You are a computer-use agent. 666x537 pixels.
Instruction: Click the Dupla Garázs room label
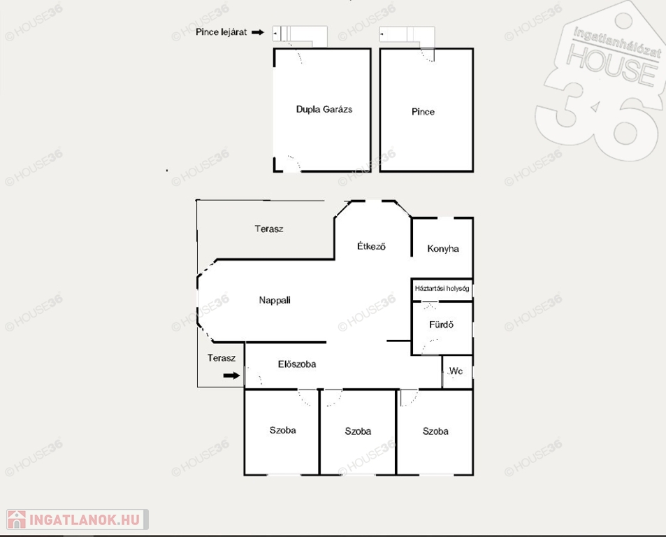tap(324, 109)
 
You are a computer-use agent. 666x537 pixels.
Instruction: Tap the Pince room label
tap(423, 112)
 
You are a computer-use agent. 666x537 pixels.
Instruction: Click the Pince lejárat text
tap(222, 32)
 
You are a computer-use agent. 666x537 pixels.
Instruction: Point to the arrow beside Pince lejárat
tap(258, 32)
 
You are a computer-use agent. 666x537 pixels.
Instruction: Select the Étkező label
tap(371, 246)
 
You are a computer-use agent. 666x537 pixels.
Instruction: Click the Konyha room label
tap(443, 248)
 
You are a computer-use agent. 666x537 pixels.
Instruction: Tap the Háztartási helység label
tap(442, 289)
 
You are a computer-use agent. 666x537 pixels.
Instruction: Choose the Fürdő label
tap(441, 324)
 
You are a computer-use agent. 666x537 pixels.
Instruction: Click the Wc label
tap(456, 371)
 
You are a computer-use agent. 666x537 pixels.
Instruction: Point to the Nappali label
tap(275, 301)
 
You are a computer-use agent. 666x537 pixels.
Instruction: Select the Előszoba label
tap(297, 364)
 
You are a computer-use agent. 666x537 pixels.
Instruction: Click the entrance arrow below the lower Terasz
tap(231, 375)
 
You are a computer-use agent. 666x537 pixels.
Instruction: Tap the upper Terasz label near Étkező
tap(269, 229)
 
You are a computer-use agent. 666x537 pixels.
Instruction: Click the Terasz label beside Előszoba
tap(222, 358)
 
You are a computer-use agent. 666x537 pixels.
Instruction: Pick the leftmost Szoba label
tap(282, 430)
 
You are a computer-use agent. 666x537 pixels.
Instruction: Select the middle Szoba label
tap(358, 431)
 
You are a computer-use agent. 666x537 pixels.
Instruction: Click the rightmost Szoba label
tap(435, 431)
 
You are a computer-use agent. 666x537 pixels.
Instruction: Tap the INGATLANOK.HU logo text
tap(85, 520)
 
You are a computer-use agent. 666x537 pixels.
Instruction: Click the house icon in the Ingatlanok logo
tap(17, 519)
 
